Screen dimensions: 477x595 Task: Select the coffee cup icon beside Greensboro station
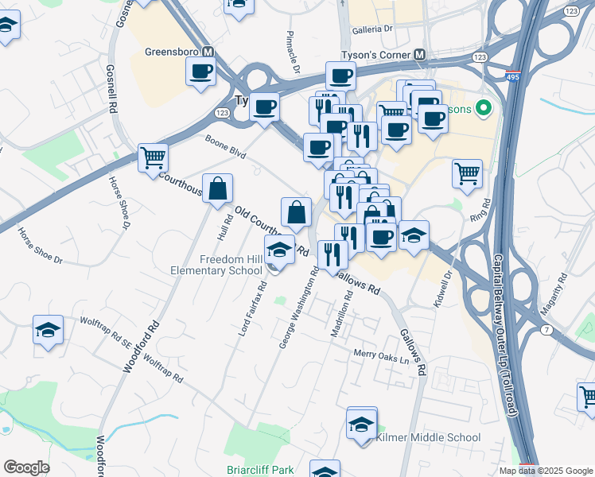pyautogui.click(x=200, y=71)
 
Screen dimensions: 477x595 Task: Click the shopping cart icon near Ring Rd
pyautogui.click(x=467, y=173)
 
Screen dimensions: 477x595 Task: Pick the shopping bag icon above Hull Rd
pyautogui.click(x=217, y=189)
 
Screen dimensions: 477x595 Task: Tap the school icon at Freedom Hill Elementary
pyautogui.click(x=279, y=249)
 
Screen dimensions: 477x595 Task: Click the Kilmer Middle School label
pyautogui.click(x=428, y=437)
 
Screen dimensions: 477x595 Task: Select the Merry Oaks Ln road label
pyautogui.click(x=386, y=355)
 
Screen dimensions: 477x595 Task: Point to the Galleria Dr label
pyautogui.click(x=377, y=29)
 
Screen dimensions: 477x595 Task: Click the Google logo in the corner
pyautogui.click(x=26, y=467)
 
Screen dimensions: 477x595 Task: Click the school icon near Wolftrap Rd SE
pyautogui.click(x=48, y=329)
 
